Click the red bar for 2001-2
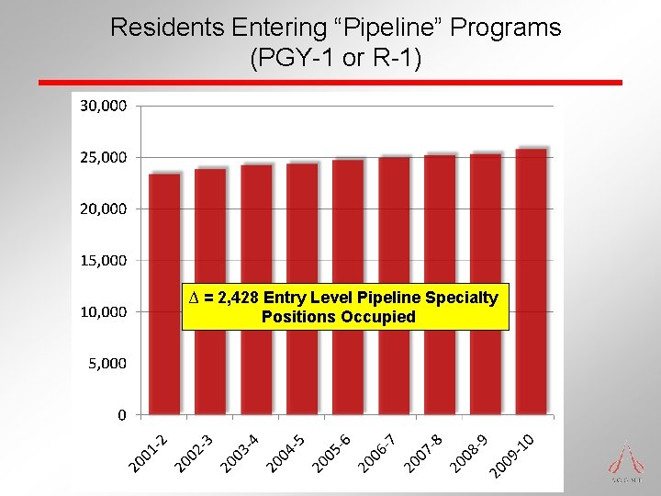tap(164, 367)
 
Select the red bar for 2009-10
tap(532, 367)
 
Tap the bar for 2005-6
tap(348, 367)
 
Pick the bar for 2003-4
tap(256, 367)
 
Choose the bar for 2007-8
tap(440, 367)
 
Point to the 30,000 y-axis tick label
tap(103, 106)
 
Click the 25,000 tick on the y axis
tap(103, 157)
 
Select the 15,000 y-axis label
tap(103, 260)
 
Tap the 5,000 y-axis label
tap(107, 363)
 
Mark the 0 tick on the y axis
tap(121, 415)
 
